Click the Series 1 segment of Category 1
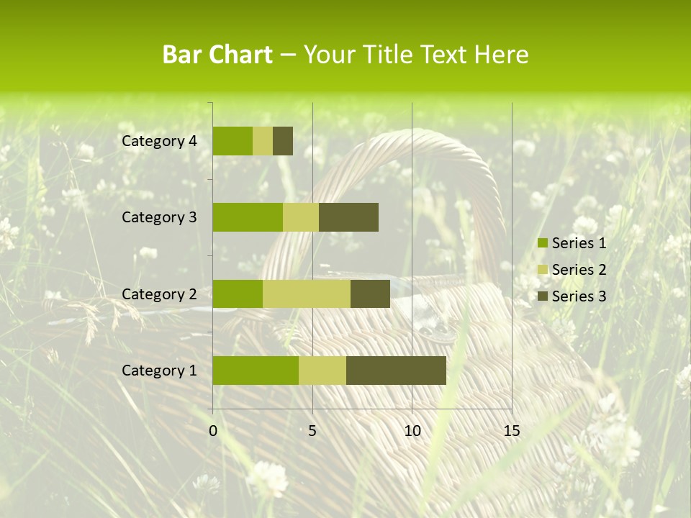coord(256,371)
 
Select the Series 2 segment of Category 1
coord(322,371)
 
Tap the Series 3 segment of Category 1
coord(396,371)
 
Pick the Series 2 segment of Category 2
coord(307,294)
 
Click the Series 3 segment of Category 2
coord(370,294)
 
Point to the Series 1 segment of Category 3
coord(248,217)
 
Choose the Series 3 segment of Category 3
coord(348,217)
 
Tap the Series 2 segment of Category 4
coord(263,141)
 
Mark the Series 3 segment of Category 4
coord(283,141)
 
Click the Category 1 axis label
coord(159,371)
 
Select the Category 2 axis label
coord(159,294)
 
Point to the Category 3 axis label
coord(159,217)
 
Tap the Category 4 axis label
coord(159,141)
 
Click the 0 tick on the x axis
coord(213,431)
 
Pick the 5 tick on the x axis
coord(312,431)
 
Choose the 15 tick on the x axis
coord(511,431)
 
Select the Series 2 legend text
coord(579,270)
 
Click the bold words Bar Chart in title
coord(217,55)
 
